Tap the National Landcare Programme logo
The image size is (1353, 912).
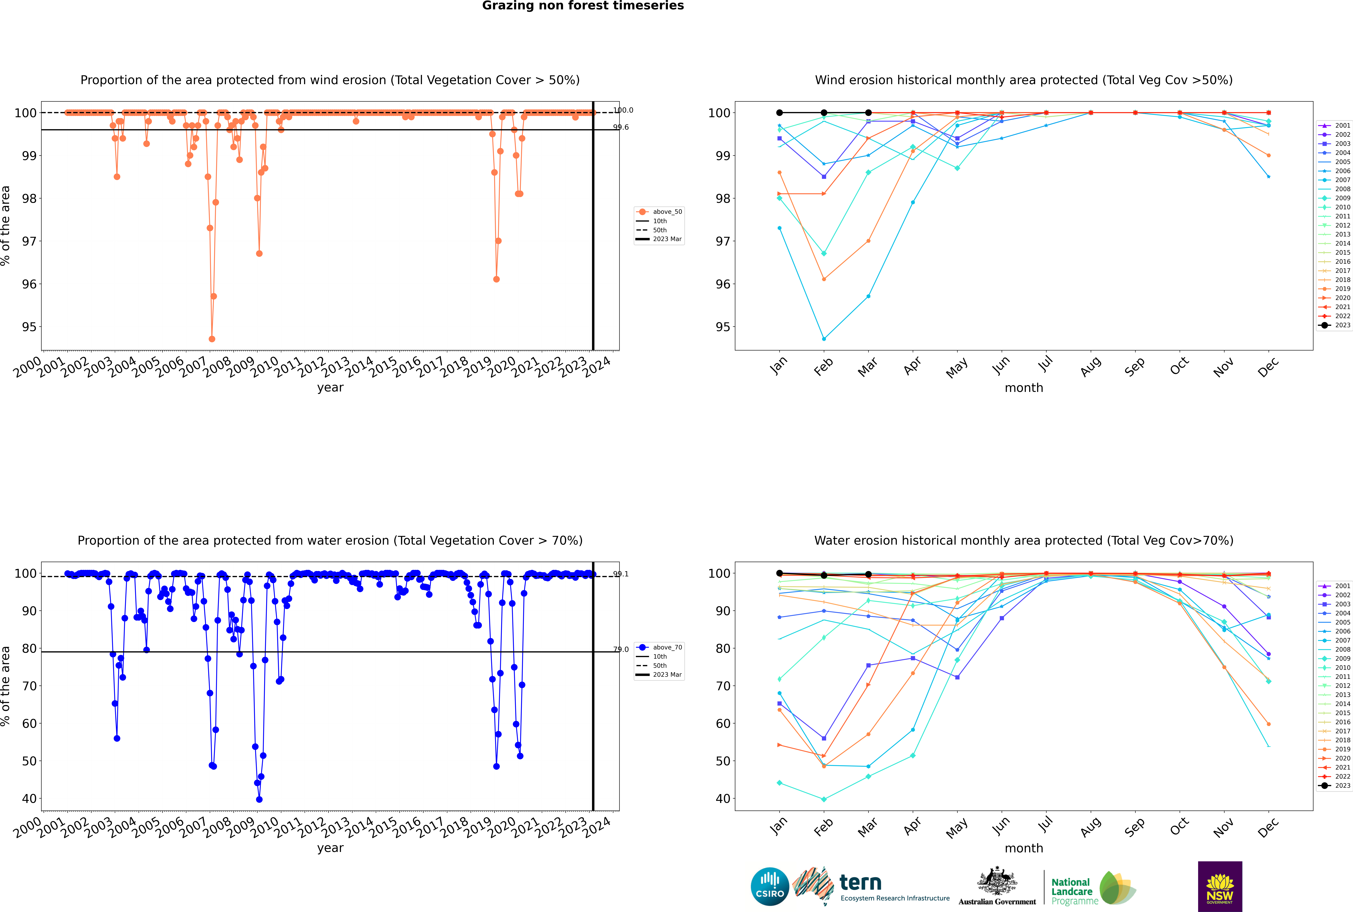click(1092, 888)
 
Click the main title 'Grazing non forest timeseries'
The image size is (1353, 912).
click(583, 6)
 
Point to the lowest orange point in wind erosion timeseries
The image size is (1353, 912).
click(212, 339)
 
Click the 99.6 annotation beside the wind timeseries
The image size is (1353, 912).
click(621, 127)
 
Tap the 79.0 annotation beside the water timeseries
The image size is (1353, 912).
click(621, 649)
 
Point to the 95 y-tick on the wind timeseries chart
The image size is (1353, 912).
click(29, 327)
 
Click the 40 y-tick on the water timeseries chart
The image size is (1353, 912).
click(29, 799)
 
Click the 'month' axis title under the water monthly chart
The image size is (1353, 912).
click(1024, 848)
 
